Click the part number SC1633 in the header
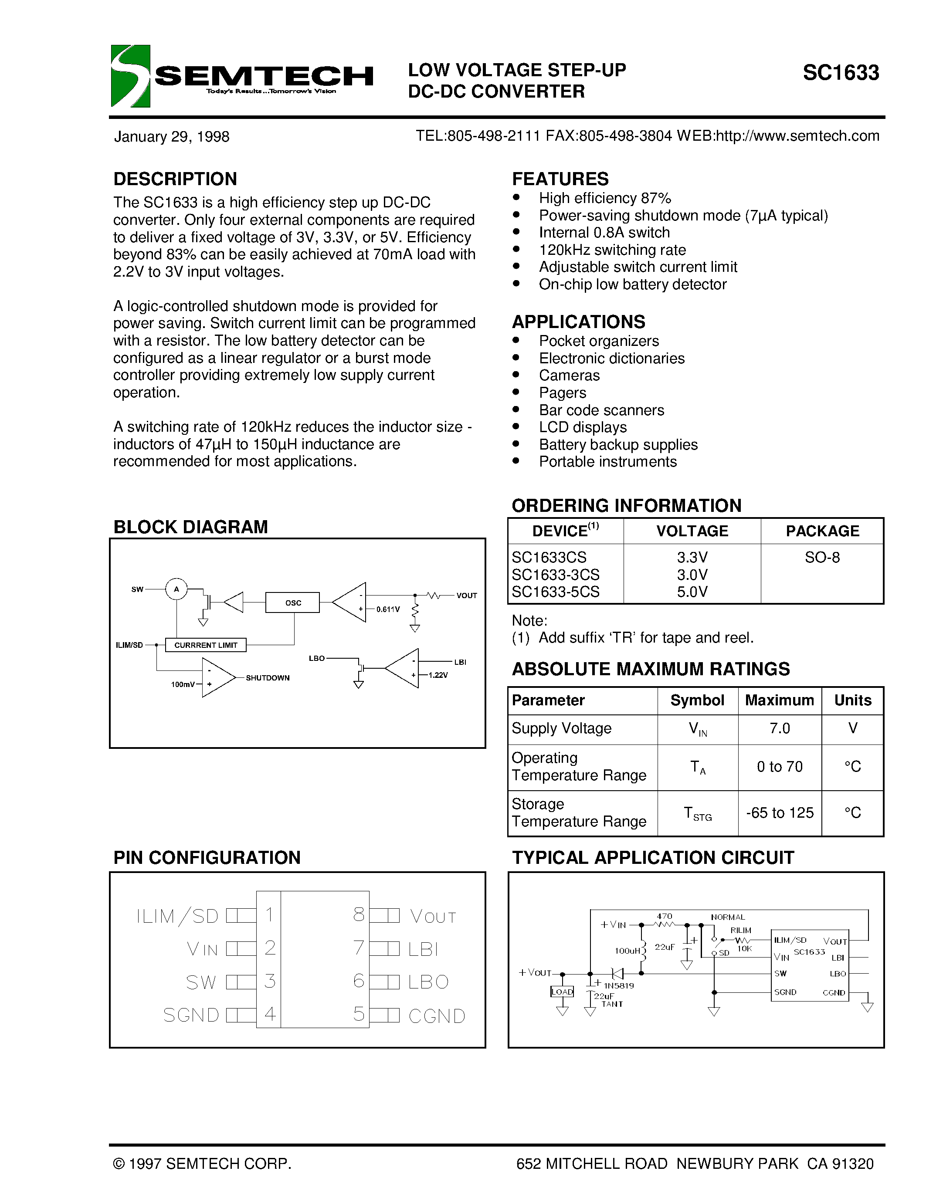pyautogui.click(x=841, y=73)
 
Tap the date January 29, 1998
pyautogui.click(x=171, y=137)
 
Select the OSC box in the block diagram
pyautogui.click(x=292, y=602)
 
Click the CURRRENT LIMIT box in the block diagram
pyautogui.click(x=206, y=645)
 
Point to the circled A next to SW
pyautogui.click(x=176, y=589)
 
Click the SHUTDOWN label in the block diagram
pyautogui.click(x=267, y=678)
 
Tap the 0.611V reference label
pyautogui.click(x=388, y=609)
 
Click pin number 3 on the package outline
pyautogui.click(x=269, y=981)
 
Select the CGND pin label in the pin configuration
pyautogui.click(x=437, y=1016)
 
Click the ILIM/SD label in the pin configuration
pyautogui.click(x=177, y=916)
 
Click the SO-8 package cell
pyautogui.click(x=822, y=557)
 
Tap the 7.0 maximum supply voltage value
pyautogui.click(x=779, y=728)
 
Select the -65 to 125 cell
pyautogui.click(x=779, y=813)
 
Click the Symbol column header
pyautogui.click(x=697, y=701)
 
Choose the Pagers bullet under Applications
pyautogui.click(x=562, y=393)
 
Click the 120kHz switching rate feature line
pyautogui.click(x=612, y=250)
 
